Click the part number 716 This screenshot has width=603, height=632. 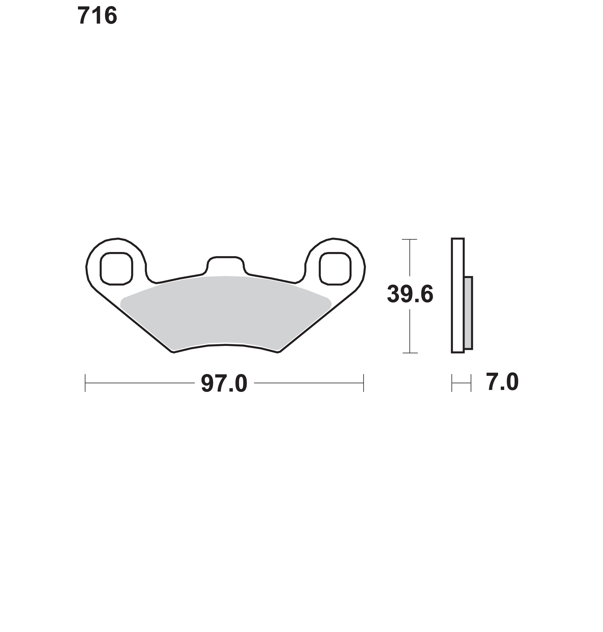[x=97, y=16]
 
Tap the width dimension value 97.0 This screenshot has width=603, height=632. [x=224, y=383]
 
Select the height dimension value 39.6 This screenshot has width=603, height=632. [x=410, y=294]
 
